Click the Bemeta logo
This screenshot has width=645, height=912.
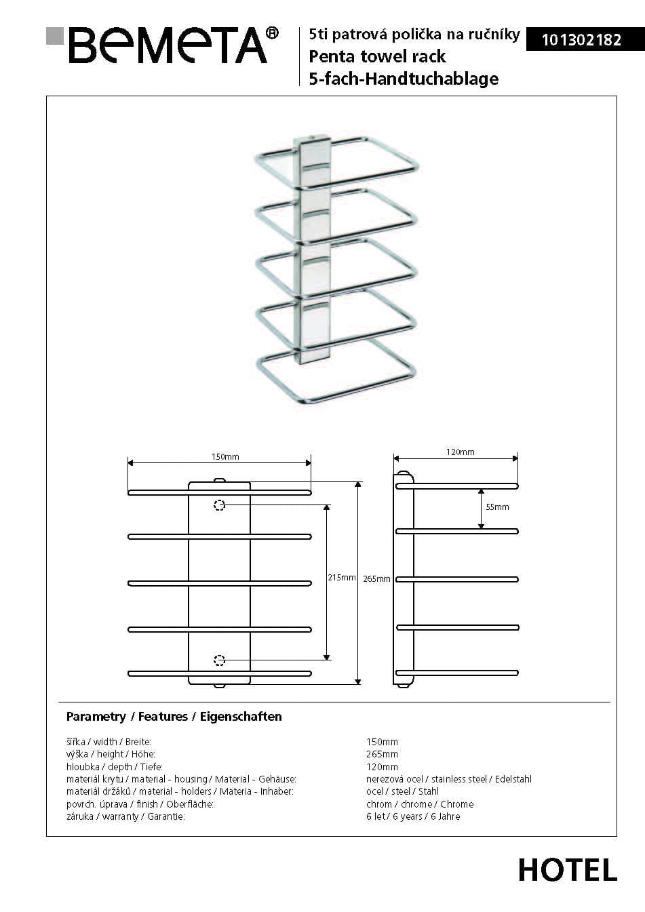tap(163, 45)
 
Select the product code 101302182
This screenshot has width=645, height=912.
tap(581, 40)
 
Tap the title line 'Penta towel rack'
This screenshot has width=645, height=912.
tap(377, 56)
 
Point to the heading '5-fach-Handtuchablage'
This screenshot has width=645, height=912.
tap(404, 79)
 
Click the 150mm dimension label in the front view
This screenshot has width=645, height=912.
tap(225, 456)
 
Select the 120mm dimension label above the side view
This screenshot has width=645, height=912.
tap(460, 452)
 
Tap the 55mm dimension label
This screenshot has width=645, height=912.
tap(497, 507)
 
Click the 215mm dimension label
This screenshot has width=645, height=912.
tap(341, 578)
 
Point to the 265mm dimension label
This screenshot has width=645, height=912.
tap(376, 579)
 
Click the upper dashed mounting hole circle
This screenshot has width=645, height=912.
tap(219, 505)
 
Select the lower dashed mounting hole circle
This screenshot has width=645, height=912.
tap(219, 660)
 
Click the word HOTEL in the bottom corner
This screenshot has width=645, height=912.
tap(568, 870)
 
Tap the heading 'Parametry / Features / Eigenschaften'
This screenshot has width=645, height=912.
tap(174, 717)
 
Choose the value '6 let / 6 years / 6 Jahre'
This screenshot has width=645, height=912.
tap(413, 816)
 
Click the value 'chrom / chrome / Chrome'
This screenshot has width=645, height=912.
tap(420, 804)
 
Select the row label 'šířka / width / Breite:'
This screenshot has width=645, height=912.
tap(109, 742)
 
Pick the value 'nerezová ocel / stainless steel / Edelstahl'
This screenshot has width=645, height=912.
tap(448, 779)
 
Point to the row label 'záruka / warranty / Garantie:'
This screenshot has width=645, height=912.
tap(125, 816)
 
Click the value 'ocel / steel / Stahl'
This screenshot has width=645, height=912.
tap(402, 791)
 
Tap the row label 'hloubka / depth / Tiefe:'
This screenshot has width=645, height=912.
tap(114, 767)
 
